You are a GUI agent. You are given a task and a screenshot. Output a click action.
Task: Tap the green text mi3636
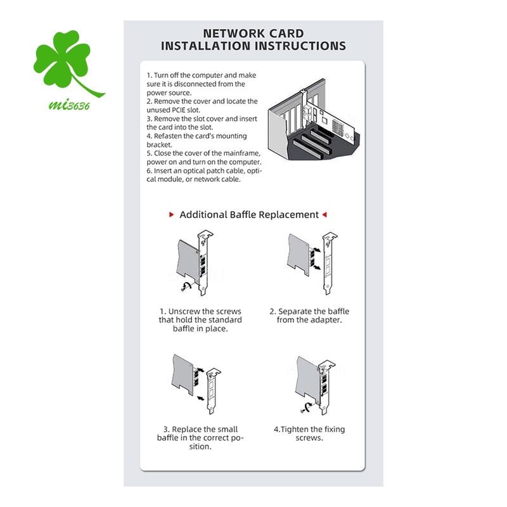pos(69,105)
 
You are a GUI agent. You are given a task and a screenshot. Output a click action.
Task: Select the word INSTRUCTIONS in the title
pos(300,46)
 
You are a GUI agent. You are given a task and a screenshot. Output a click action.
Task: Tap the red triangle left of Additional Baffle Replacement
pos(172,214)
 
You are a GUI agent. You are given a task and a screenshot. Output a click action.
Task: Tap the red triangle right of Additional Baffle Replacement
pos(324,214)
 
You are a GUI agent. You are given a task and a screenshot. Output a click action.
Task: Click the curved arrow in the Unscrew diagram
pos(186,286)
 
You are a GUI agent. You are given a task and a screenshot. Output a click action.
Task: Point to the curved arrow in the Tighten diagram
pos(307,407)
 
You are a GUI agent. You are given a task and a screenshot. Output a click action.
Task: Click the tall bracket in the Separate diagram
pos(329,262)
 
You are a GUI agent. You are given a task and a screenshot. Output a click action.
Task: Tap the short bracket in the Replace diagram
pos(212,390)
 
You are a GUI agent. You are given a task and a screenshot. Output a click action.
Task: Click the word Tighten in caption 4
pos(294,430)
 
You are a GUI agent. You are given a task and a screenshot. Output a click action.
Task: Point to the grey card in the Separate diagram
pos(298,255)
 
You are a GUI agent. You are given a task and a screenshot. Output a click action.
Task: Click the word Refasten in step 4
pos(167,136)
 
